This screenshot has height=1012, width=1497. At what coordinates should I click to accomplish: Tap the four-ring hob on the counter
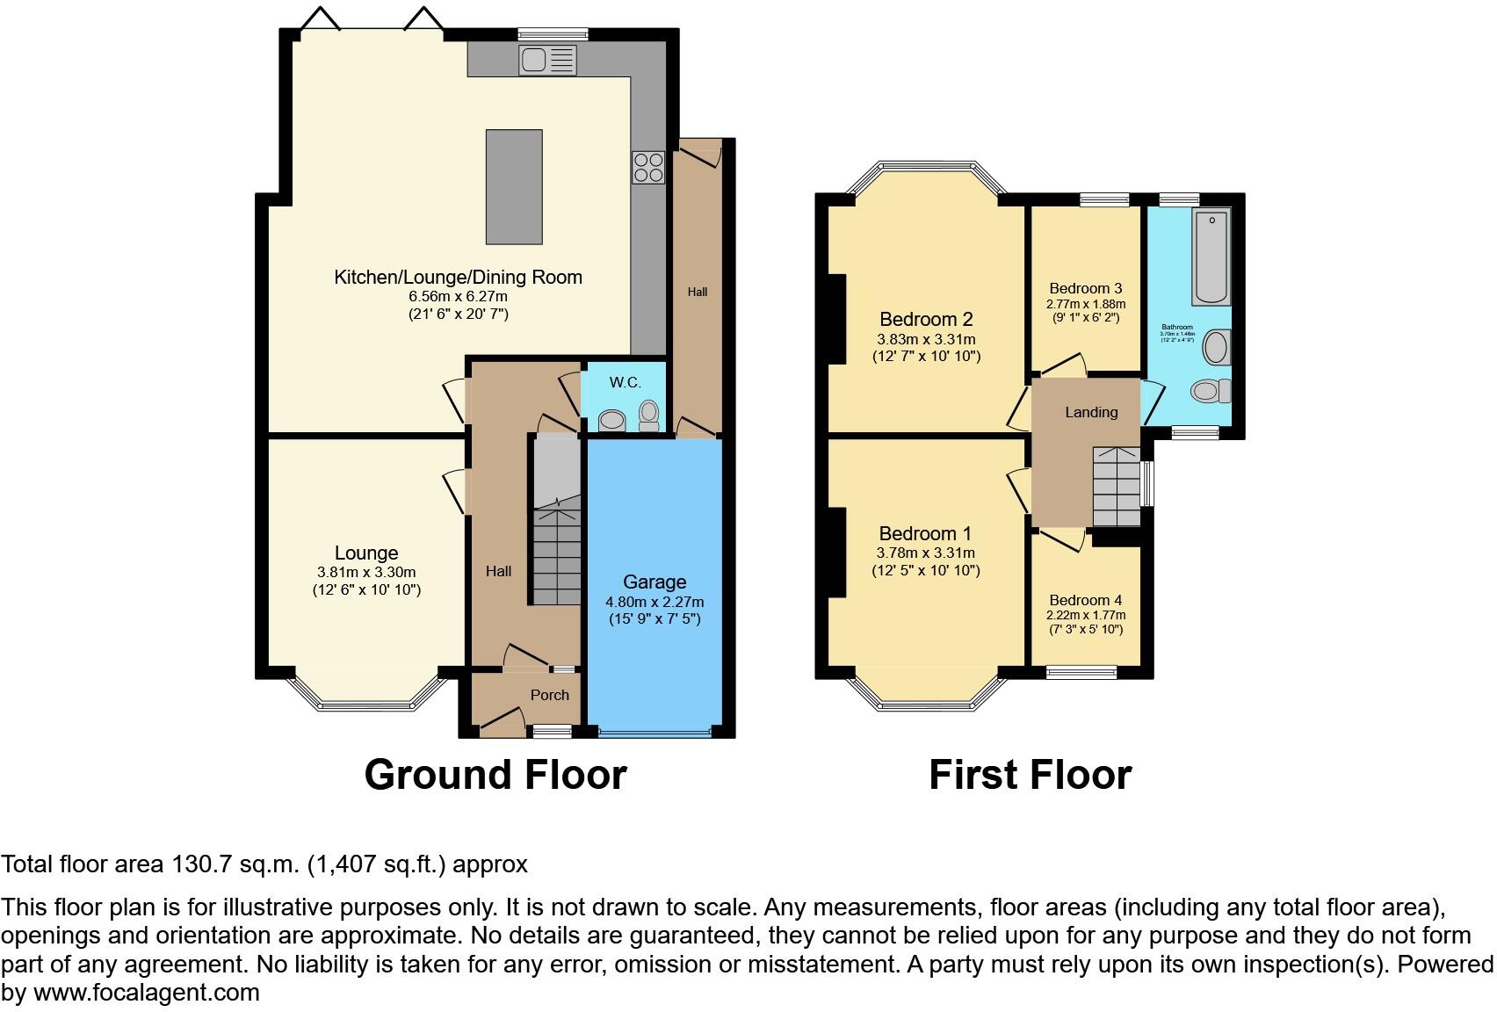[x=648, y=168]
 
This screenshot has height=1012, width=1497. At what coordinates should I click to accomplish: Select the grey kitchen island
[x=514, y=186]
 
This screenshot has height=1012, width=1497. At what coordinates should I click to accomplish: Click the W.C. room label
[x=625, y=382]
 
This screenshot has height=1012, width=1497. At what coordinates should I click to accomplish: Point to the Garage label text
[x=654, y=582]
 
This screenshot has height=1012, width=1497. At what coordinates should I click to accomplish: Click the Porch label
[x=550, y=695]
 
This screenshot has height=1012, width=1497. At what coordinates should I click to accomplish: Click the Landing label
[x=1091, y=412]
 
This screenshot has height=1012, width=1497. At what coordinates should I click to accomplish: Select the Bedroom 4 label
[x=1086, y=600]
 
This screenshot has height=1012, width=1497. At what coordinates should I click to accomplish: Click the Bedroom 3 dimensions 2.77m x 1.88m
[x=1086, y=304]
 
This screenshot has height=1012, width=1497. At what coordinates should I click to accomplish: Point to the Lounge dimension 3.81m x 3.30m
[x=366, y=572]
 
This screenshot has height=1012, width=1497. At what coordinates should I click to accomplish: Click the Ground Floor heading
[x=495, y=775]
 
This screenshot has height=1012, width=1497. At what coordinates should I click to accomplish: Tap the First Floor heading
[x=1030, y=775]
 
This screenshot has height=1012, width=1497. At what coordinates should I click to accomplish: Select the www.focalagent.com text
[x=147, y=994]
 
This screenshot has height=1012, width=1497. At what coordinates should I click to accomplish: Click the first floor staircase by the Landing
[x=1117, y=488]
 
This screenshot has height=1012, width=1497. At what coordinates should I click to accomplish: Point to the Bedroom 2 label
[x=926, y=319]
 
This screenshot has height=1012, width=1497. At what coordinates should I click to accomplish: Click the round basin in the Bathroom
[x=1217, y=348]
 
